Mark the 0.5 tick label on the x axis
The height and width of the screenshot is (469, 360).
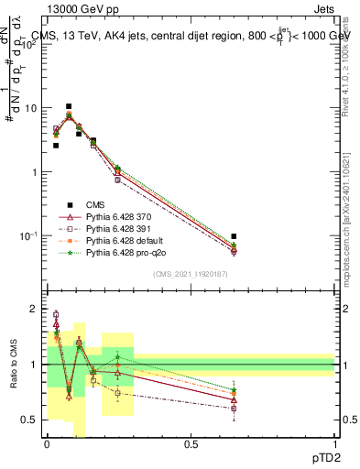point(191,444)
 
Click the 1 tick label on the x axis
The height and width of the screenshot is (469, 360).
point(334,444)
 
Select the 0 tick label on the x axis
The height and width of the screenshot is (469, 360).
point(47,444)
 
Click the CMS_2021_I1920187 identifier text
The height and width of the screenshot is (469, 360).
point(191,274)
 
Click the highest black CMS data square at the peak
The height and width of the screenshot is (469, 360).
point(68,106)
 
